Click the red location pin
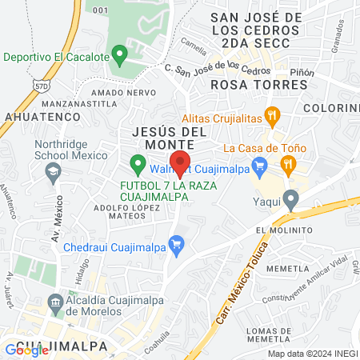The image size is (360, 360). coord(180,162)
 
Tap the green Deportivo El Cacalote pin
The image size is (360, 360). coord(120,56)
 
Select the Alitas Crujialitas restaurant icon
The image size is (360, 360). coord(273,115)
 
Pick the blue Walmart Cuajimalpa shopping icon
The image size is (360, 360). coord(258,166)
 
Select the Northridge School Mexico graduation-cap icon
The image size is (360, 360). coord(53,170)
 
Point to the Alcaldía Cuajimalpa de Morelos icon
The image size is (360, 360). coord(55,302)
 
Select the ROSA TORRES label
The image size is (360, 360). coord(247,83)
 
